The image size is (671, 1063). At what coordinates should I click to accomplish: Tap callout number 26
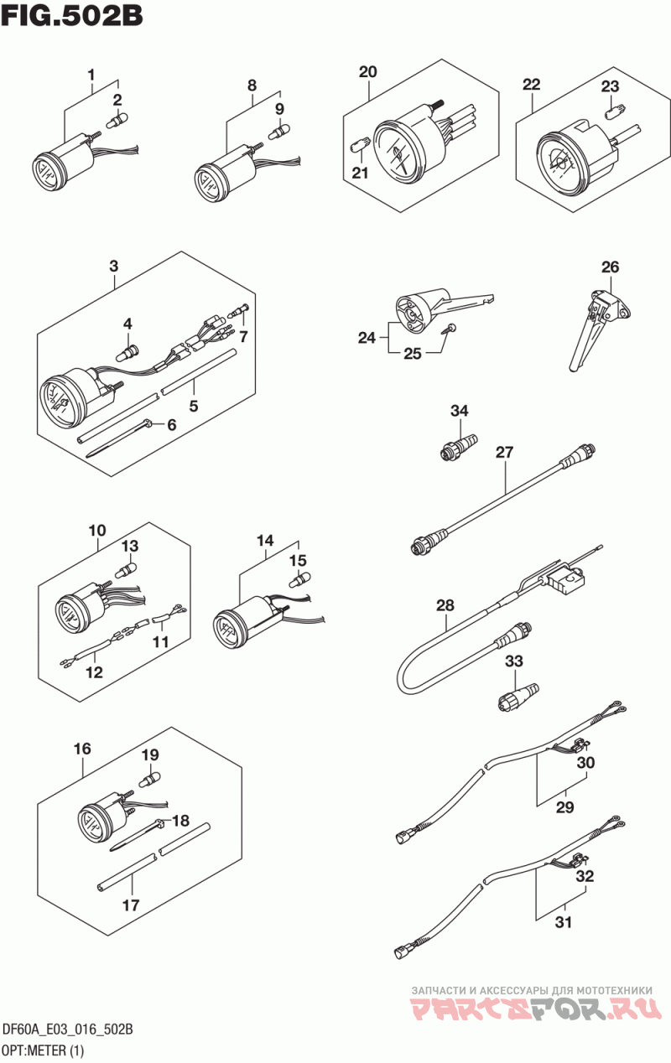coord(611,267)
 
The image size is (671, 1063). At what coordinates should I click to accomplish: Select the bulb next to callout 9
coord(278,131)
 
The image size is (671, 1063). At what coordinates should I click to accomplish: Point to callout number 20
coord(367,72)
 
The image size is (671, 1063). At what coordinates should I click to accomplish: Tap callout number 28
coord(445,605)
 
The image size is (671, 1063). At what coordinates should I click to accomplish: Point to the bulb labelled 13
coord(126,568)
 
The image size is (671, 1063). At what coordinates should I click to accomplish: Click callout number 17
coord(131,905)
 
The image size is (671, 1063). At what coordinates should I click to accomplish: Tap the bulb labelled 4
coord(127,353)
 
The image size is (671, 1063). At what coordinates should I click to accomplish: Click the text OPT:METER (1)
coord(44,1050)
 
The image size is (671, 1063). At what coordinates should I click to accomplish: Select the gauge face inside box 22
coord(560,162)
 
